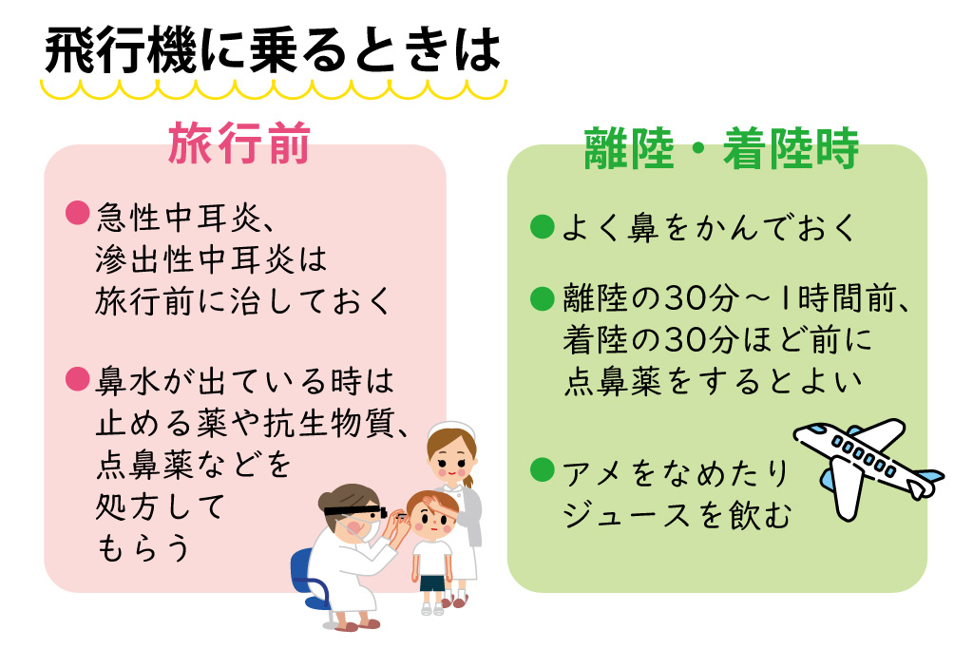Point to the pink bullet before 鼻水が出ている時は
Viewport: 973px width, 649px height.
point(76,378)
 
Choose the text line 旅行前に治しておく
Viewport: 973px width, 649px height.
point(243,301)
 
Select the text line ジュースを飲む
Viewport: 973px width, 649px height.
point(677,516)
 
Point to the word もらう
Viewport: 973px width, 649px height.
point(143,548)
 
